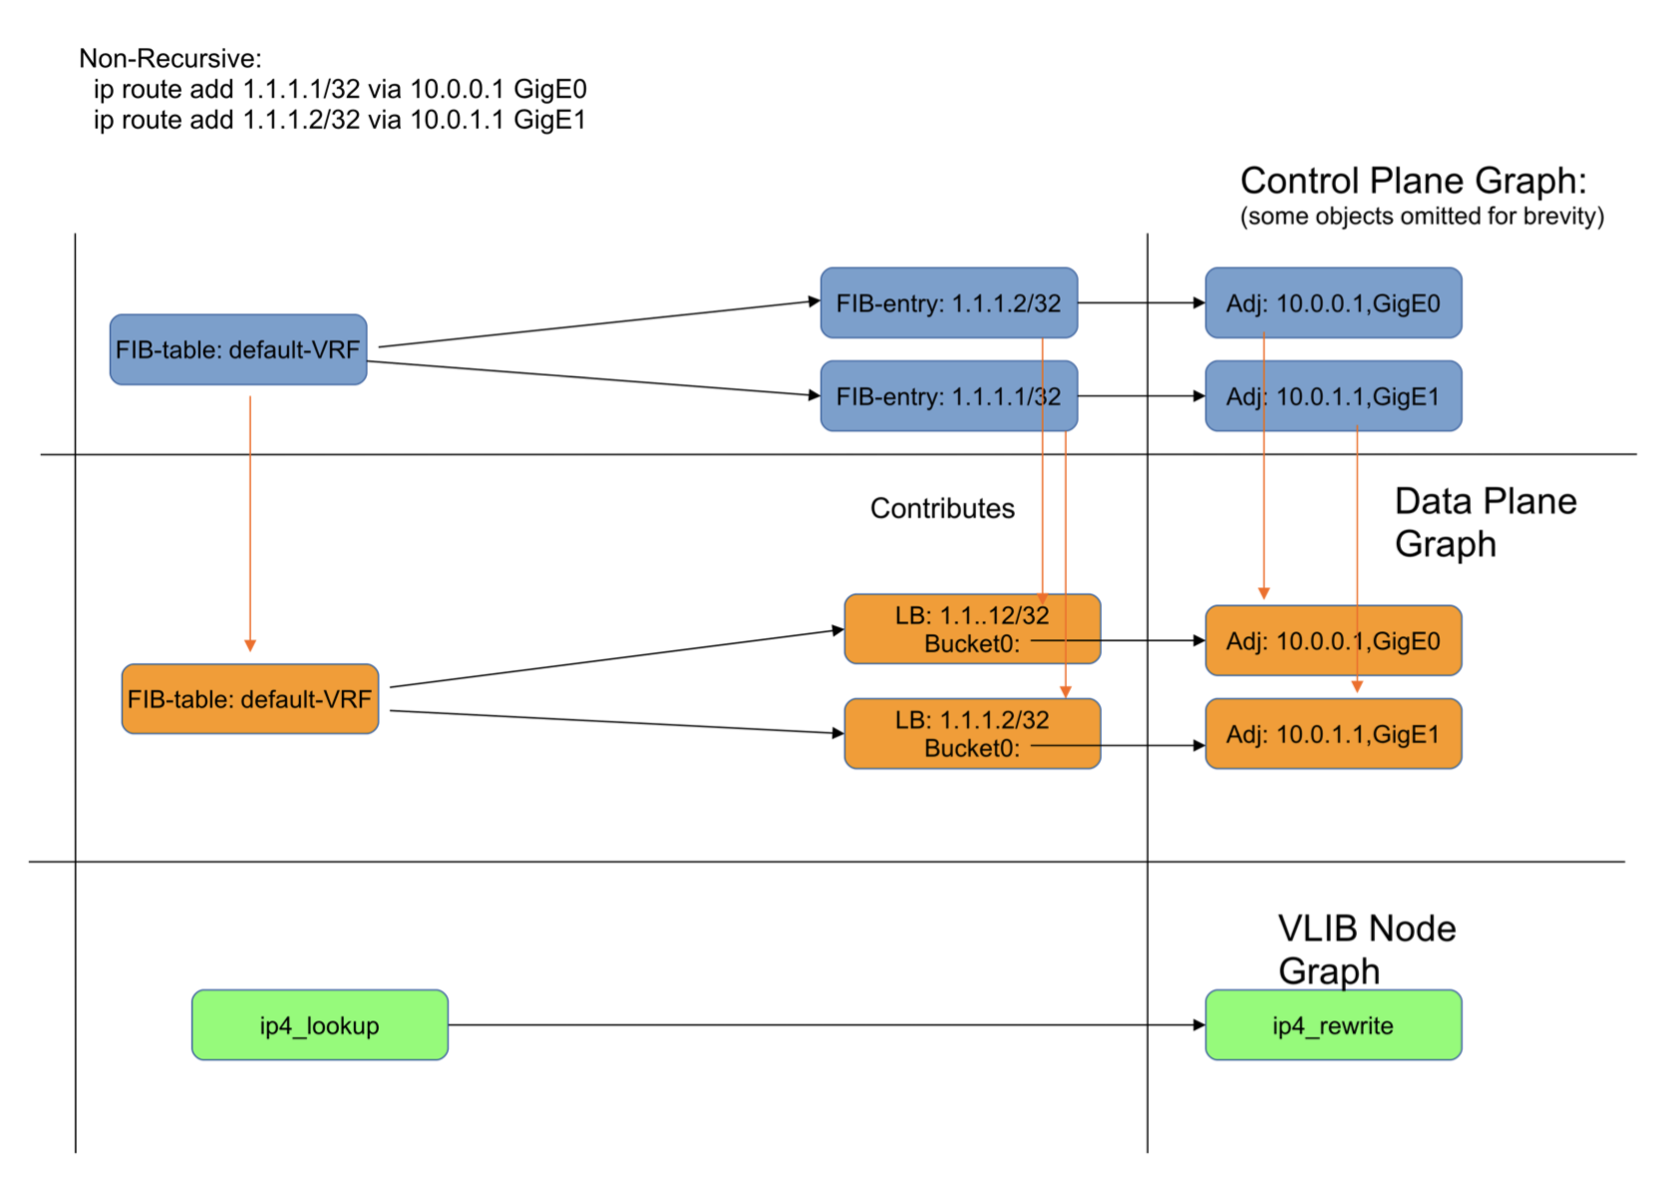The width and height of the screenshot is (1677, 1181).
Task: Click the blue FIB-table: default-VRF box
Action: pos(238,350)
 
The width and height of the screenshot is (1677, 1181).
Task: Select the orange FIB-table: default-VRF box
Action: pos(250,699)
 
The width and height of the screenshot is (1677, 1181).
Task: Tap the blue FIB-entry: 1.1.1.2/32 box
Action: pos(948,303)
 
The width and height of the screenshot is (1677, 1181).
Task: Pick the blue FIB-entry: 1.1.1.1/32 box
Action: pos(948,397)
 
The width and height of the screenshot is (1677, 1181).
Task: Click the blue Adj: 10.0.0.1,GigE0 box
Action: pos(1333,303)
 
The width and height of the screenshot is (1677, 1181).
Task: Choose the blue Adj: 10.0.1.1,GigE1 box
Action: pos(1333,397)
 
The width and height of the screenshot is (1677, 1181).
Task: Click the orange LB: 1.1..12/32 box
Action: pos(972,629)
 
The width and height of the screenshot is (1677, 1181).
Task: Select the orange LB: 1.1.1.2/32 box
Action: pos(972,734)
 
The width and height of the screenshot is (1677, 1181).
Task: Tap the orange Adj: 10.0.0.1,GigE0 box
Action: pos(1333,641)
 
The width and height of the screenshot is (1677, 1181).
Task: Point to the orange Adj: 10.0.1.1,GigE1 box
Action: pos(1333,735)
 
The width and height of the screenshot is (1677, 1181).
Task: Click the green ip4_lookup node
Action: pos(319,1025)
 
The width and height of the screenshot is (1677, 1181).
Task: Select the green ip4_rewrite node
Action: pos(1333,1025)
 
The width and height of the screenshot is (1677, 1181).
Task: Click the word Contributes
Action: pos(942,509)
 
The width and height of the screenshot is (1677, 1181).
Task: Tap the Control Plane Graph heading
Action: pos(1413,182)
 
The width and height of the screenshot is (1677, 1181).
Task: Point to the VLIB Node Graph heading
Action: pos(1366,950)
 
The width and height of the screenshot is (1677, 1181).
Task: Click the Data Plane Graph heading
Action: pos(1485,523)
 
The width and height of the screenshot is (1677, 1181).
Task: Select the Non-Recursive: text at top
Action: pos(170,59)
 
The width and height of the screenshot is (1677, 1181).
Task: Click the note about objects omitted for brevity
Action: pos(1422,216)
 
